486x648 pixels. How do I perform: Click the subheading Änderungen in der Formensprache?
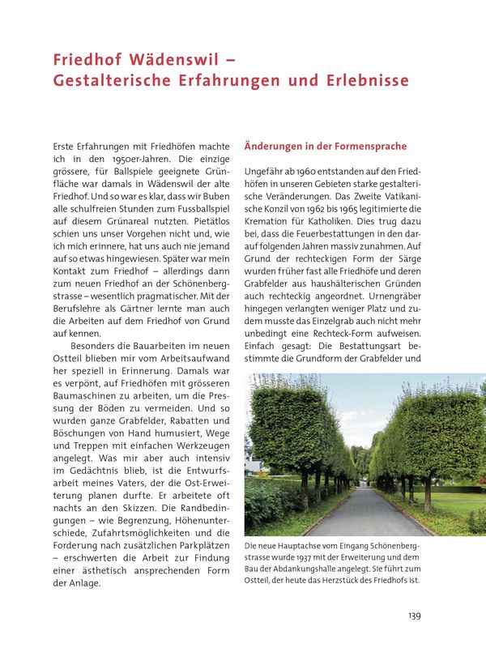click(325, 147)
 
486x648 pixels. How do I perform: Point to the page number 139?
click(414, 616)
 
